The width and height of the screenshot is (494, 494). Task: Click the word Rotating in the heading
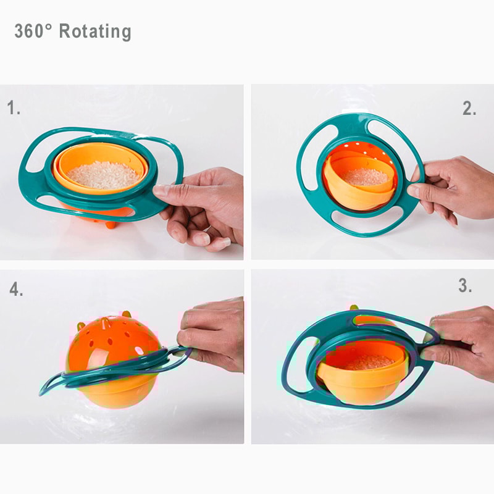(x=95, y=31)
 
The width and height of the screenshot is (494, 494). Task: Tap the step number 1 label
(x=14, y=109)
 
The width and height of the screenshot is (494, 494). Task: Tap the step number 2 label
(x=469, y=109)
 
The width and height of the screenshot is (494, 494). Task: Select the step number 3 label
(x=465, y=287)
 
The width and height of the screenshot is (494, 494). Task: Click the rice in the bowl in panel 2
(x=366, y=177)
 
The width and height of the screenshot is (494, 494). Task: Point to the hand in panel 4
(x=213, y=333)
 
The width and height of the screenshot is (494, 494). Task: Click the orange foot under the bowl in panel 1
(x=111, y=224)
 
